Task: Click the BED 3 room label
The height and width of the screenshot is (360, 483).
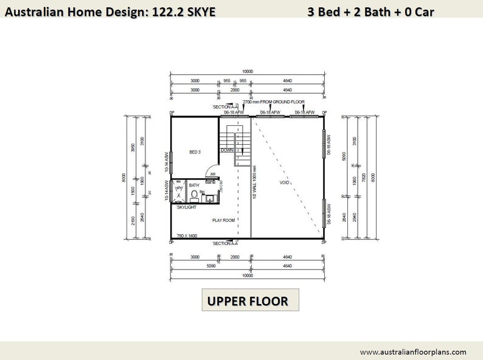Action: pyautogui.click(x=195, y=152)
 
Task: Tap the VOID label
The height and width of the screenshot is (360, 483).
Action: pyautogui.click(x=284, y=182)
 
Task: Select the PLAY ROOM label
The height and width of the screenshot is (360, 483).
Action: pyautogui.click(x=223, y=220)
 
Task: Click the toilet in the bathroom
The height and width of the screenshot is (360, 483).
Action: pyautogui.click(x=194, y=195)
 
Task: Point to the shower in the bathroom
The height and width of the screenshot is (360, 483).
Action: pyautogui.click(x=179, y=190)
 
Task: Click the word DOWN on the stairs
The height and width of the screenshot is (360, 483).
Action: pyautogui.click(x=227, y=150)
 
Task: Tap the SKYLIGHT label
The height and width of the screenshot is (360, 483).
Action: pyautogui.click(x=186, y=208)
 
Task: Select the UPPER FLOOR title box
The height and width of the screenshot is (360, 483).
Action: pyautogui.click(x=251, y=300)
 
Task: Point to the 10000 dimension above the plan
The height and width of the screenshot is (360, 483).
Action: pyautogui.click(x=247, y=72)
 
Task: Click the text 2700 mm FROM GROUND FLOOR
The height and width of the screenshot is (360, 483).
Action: pyautogui.click(x=273, y=102)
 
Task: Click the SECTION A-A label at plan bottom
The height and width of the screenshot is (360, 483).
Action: pyautogui.click(x=225, y=243)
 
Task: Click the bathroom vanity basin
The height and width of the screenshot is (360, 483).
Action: pyautogui.click(x=209, y=196)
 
